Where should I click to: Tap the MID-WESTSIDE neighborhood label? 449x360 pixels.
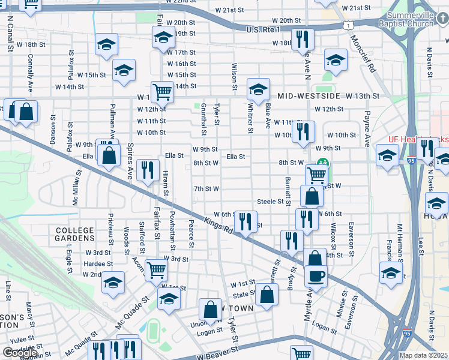point(308,95)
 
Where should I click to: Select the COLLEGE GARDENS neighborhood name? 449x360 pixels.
point(75,235)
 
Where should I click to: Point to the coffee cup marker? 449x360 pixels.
point(315,276)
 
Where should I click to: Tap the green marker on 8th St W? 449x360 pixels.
point(322,162)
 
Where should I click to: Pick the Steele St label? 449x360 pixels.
point(270,202)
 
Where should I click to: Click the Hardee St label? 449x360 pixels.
point(98,263)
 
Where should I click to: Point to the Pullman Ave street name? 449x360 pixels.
point(112,123)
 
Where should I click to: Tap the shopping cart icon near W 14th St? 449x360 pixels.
point(161,92)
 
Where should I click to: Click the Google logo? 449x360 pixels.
point(20,353)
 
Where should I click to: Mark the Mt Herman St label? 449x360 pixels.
point(399,238)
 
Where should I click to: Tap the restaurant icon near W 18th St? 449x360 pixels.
point(303,39)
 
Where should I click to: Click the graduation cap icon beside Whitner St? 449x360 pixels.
point(258,90)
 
